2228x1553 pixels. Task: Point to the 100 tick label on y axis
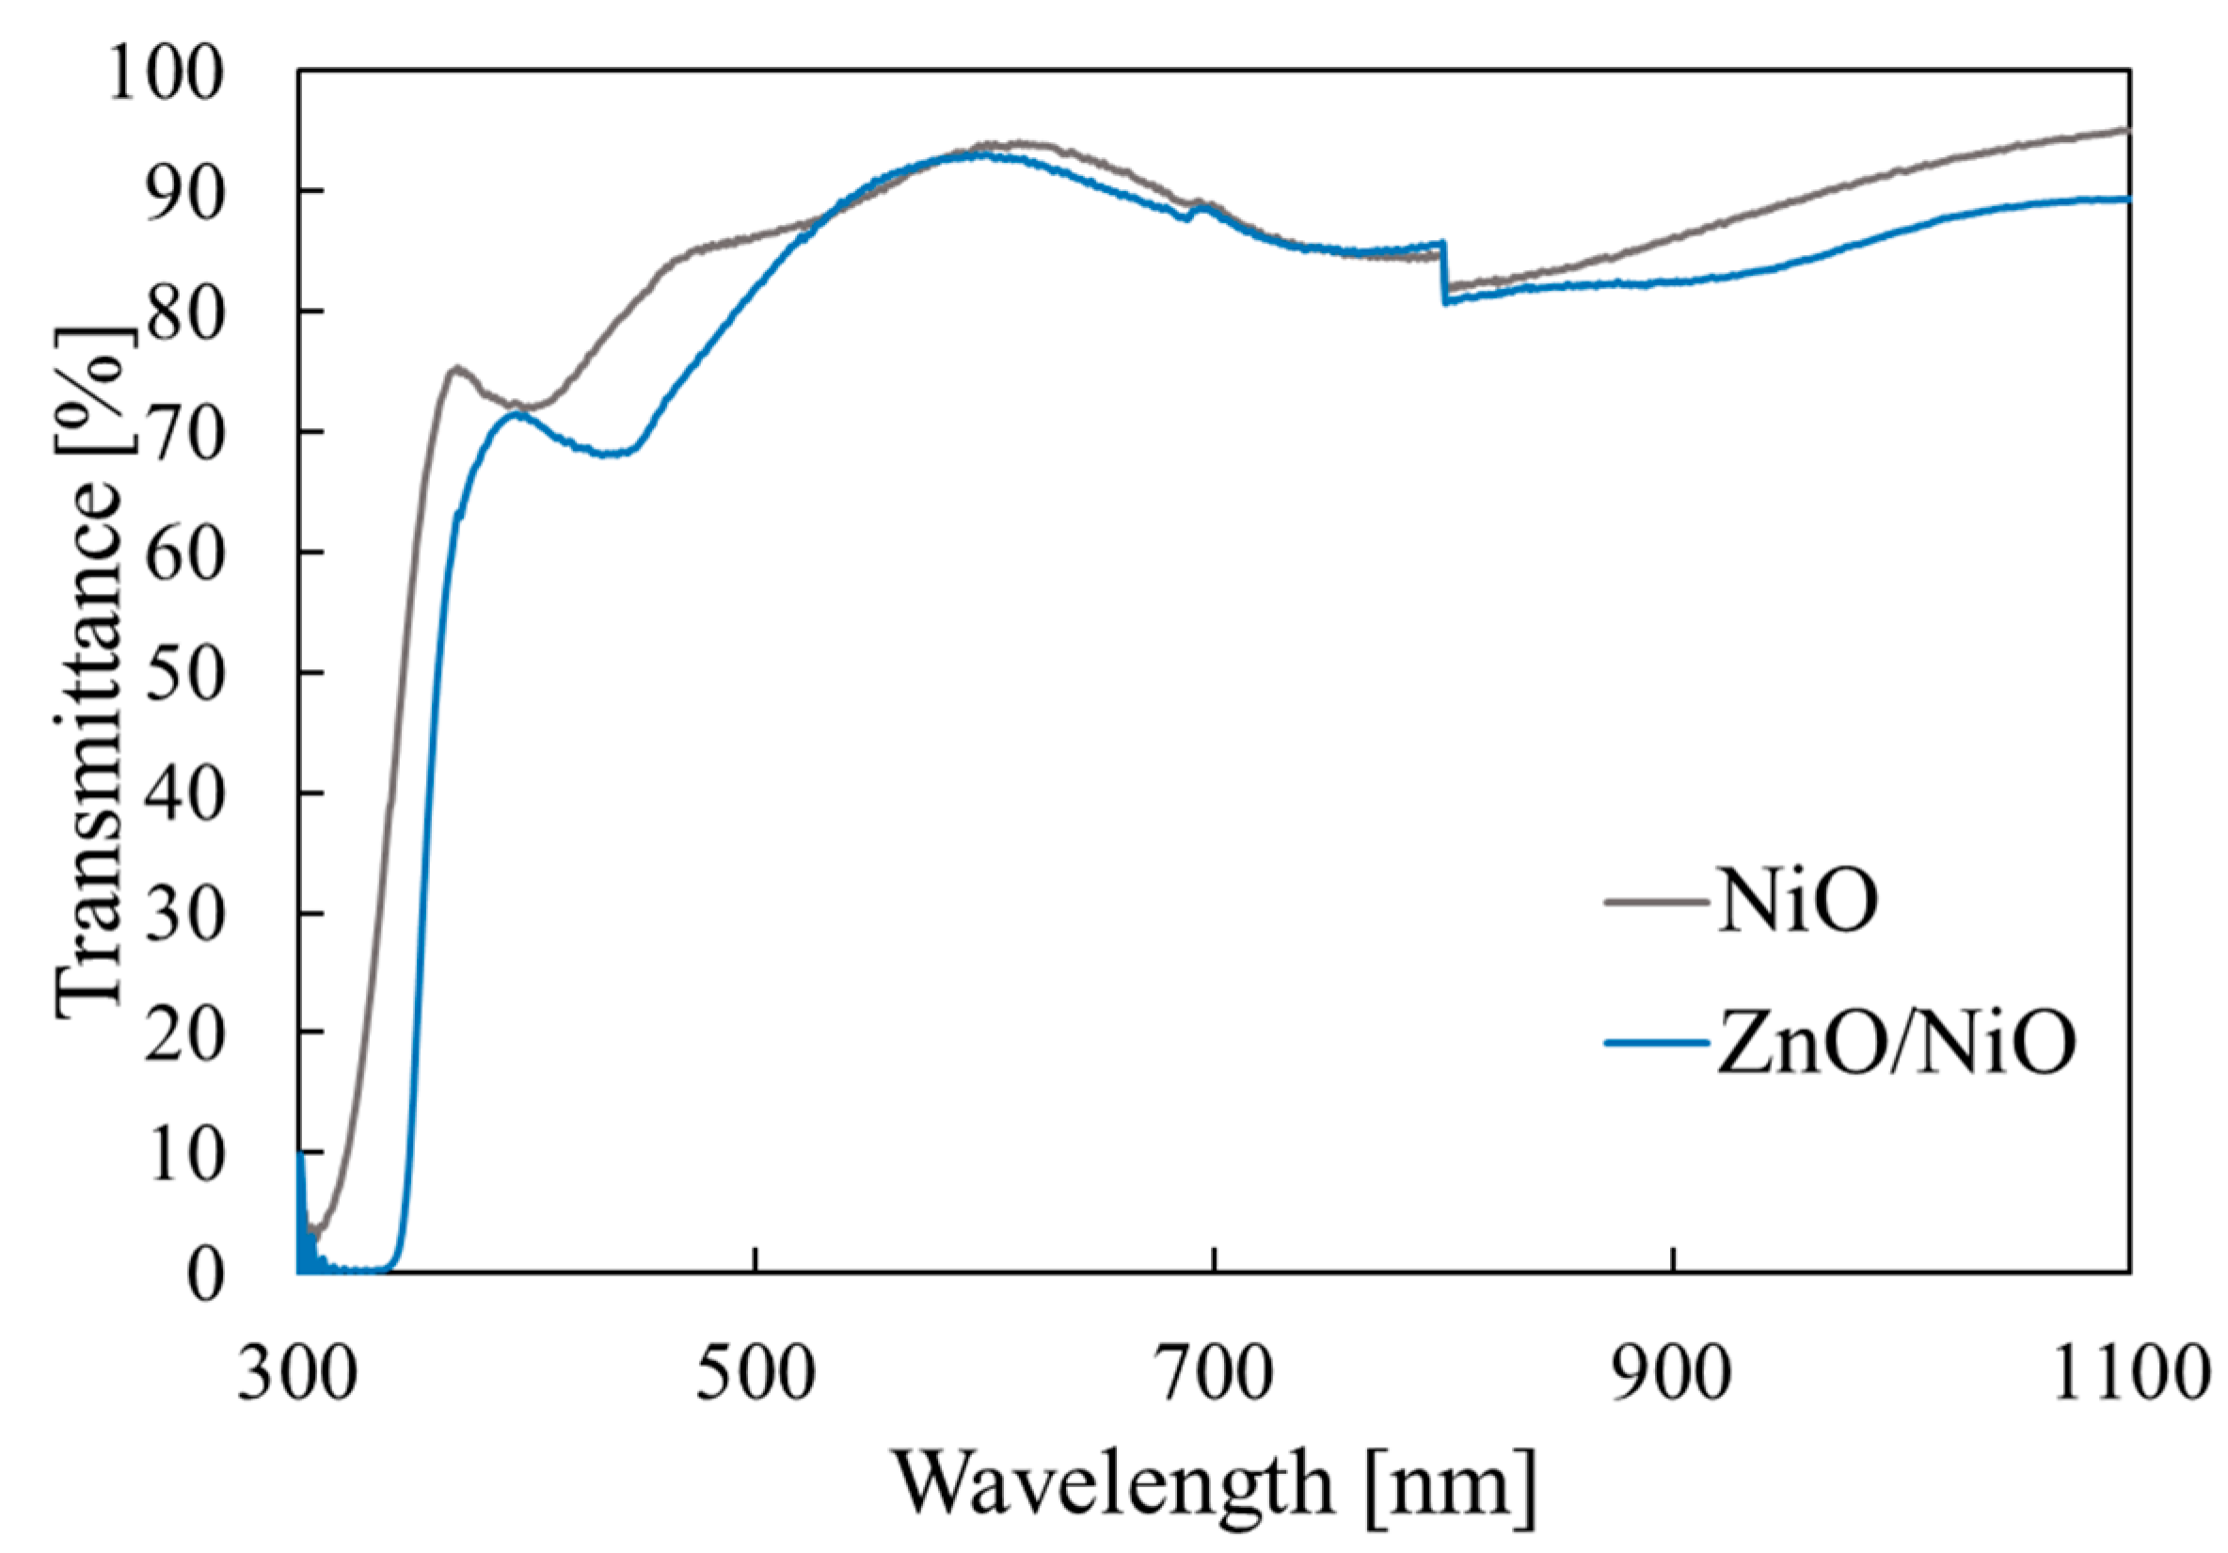pos(166,73)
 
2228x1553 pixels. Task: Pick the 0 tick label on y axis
pos(206,1275)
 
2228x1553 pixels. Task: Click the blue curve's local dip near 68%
pos(610,454)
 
